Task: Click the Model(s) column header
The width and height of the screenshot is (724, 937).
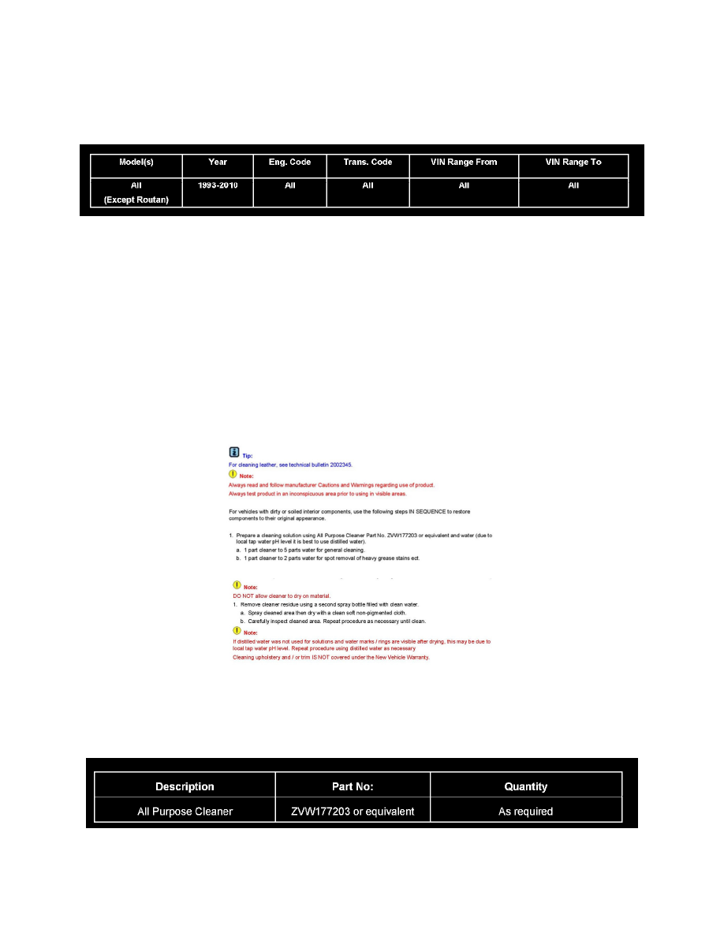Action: click(x=136, y=162)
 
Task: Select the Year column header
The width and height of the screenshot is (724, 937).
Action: click(x=218, y=162)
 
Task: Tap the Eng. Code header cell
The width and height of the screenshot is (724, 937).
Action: click(x=289, y=162)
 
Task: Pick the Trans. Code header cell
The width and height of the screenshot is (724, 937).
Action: click(x=368, y=162)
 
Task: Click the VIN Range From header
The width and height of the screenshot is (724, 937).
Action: click(x=464, y=162)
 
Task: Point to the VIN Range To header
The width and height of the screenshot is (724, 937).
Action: click(x=573, y=162)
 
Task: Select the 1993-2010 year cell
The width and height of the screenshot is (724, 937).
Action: click(x=218, y=186)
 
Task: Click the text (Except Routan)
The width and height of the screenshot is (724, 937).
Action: click(x=136, y=200)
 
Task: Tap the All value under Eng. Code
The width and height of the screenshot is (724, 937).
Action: click(x=289, y=186)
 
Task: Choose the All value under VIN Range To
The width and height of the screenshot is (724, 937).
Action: click(x=573, y=186)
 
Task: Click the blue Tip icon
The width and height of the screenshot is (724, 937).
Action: click(x=233, y=452)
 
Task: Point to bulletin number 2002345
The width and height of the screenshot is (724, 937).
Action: click(x=341, y=465)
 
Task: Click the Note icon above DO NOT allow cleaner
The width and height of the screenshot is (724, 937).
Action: click(x=237, y=585)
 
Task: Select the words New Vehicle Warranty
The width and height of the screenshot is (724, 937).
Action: click(x=401, y=657)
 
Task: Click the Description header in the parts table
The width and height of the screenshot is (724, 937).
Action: click(x=185, y=786)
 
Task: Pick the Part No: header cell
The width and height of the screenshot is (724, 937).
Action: click(x=353, y=786)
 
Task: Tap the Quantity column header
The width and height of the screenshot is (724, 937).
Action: click(x=525, y=786)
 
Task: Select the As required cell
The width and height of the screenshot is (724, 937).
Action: click(x=525, y=811)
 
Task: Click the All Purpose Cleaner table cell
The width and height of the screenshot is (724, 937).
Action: click(x=185, y=811)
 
